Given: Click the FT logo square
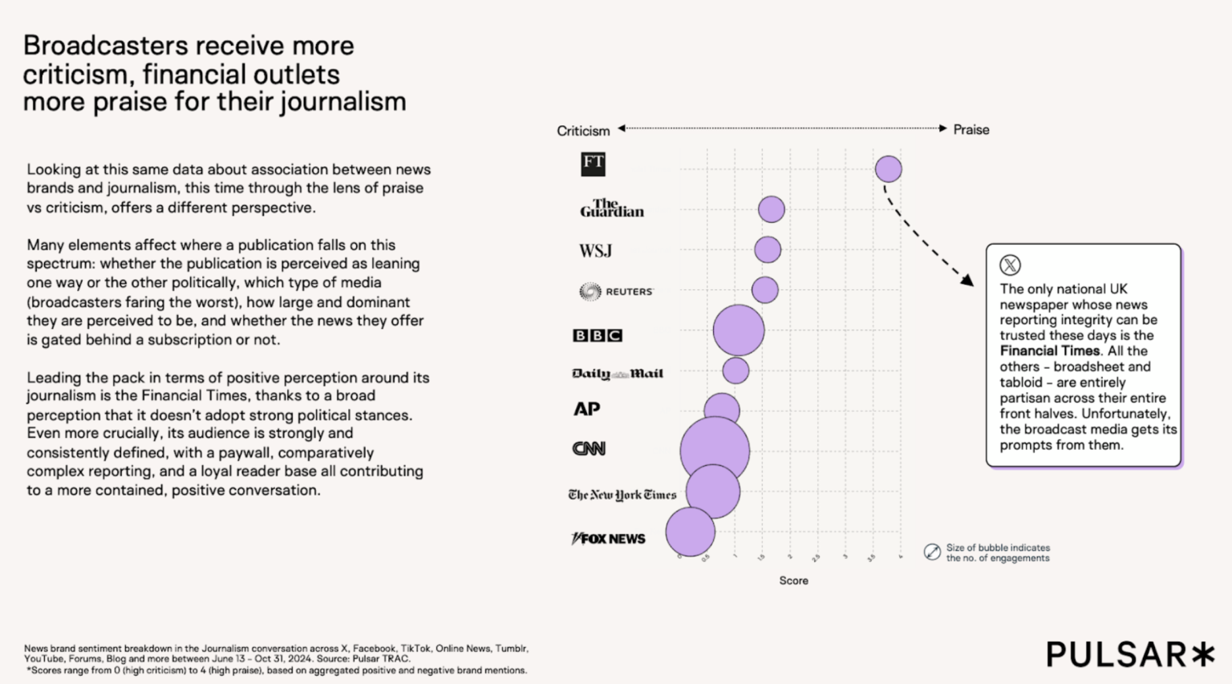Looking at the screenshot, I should [x=593, y=164].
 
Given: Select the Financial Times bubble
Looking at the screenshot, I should [x=888, y=169].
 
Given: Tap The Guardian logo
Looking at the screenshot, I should [x=612, y=208].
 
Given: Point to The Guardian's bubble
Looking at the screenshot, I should [x=772, y=209].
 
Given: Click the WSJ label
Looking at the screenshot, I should [x=595, y=251].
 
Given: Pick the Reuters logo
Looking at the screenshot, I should [x=616, y=291].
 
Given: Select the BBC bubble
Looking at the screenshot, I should [x=739, y=330].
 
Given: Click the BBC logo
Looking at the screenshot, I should [x=597, y=335].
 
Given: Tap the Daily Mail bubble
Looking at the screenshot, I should [x=736, y=370].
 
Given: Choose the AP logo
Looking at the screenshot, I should [x=586, y=409].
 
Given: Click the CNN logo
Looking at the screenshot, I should [x=589, y=449].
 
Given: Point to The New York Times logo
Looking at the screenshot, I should [x=622, y=495].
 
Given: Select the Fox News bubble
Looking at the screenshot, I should [x=690, y=532].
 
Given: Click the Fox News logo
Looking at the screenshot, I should [x=608, y=539].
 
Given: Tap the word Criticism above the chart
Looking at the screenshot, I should [x=583, y=131].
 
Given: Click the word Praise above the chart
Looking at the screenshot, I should [x=971, y=130].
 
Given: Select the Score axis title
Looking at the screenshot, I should [x=793, y=581].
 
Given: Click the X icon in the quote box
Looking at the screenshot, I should [x=1010, y=265].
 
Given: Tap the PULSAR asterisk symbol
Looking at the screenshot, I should [x=1202, y=654].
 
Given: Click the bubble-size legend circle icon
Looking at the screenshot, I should [x=932, y=552].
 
